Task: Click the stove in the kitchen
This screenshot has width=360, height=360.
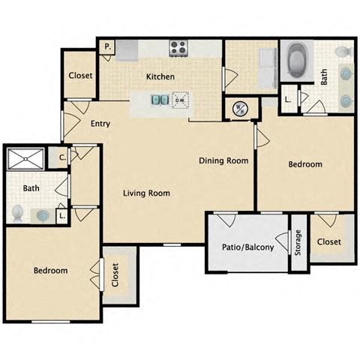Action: click(x=178, y=48)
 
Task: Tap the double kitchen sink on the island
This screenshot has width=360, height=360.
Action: click(x=160, y=99)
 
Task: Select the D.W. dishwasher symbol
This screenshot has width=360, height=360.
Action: click(x=180, y=100)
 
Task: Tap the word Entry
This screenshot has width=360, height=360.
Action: click(x=100, y=124)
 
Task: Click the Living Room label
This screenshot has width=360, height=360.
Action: click(x=146, y=193)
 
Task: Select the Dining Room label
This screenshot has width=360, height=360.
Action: click(x=223, y=160)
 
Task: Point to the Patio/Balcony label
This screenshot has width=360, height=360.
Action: click(x=247, y=247)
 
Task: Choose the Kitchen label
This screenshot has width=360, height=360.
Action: click(x=160, y=76)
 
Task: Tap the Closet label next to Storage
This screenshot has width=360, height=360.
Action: click(x=328, y=241)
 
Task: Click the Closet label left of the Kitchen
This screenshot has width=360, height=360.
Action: click(x=80, y=75)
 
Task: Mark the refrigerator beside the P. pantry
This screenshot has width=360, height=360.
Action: click(x=127, y=49)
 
